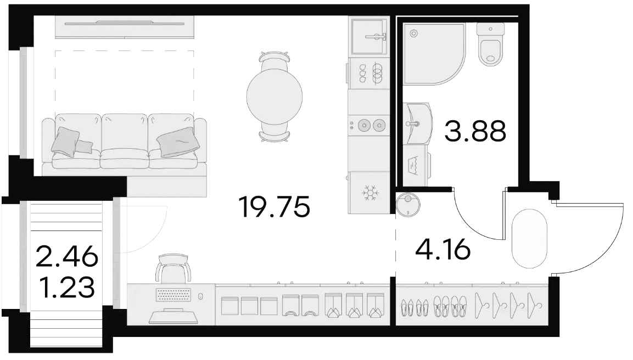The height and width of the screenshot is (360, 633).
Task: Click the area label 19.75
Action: pyautogui.click(x=275, y=207)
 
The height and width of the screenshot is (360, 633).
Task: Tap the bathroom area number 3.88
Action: pyautogui.click(x=475, y=132)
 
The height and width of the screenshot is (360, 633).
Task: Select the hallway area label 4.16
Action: pyautogui.click(x=443, y=249)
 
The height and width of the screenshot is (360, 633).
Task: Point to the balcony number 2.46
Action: pyautogui.click(x=67, y=257)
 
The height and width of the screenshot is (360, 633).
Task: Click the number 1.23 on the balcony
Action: pyautogui.click(x=67, y=288)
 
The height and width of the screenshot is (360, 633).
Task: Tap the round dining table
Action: pyautogui.click(x=275, y=96)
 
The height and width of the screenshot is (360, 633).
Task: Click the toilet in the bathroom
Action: pyautogui.click(x=490, y=44)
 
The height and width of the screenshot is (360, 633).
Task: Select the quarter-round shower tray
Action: pyautogui.click(x=434, y=54)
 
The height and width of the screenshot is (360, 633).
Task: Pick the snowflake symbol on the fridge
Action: pyautogui.click(x=369, y=193)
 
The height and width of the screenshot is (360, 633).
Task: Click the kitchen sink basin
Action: pyautogui.click(x=369, y=37)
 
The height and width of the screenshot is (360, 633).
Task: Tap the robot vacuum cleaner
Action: pyautogui.click(x=408, y=205)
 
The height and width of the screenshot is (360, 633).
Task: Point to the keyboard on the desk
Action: pyautogui.click(x=173, y=295)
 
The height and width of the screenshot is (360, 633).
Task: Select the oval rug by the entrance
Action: pyautogui.click(x=529, y=239)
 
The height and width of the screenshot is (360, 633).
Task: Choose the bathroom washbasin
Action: pyautogui.click(x=417, y=123)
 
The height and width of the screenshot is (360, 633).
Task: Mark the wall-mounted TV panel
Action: pyautogui.click(x=125, y=27)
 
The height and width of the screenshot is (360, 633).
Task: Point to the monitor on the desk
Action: pyautogui.click(x=173, y=316)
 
